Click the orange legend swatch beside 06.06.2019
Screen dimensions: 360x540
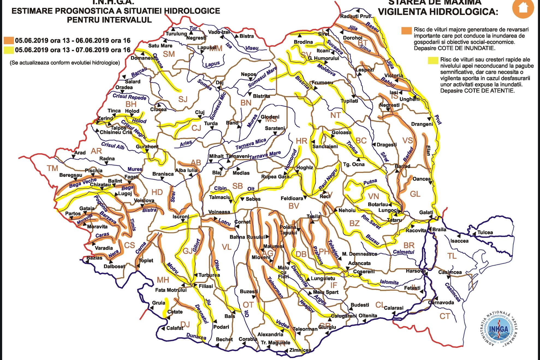(9, 40)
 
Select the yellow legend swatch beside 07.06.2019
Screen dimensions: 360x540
(9, 50)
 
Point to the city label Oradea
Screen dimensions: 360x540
(124, 87)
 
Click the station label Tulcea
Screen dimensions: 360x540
(485, 232)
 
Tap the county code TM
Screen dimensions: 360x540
(52, 168)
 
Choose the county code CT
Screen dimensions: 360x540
(444, 316)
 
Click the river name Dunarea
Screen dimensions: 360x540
(196, 336)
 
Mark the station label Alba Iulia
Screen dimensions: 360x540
(186, 170)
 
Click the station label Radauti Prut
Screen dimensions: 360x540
(355, 16)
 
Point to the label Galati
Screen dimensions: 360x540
(426, 213)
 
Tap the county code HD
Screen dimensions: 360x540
(157, 192)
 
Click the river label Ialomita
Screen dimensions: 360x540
(389, 282)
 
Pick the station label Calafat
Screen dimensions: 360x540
(175, 328)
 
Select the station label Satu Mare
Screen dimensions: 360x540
(160, 46)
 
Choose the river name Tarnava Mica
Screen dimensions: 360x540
(251, 144)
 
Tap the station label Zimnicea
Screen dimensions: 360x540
(300, 350)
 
